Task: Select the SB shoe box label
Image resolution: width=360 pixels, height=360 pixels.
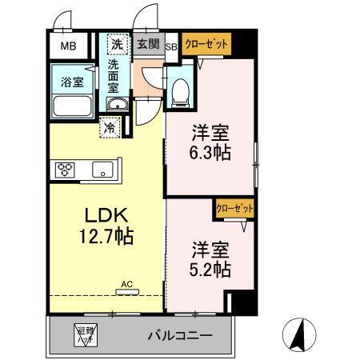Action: [171, 46]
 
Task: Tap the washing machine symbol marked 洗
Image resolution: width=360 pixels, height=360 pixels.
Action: [117, 45]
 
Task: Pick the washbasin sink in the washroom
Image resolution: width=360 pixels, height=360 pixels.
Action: [117, 106]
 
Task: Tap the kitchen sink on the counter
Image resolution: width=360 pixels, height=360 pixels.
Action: [102, 169]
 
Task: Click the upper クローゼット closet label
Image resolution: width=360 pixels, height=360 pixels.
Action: [206, 44]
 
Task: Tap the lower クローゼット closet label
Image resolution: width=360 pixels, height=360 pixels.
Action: [234, 207]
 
